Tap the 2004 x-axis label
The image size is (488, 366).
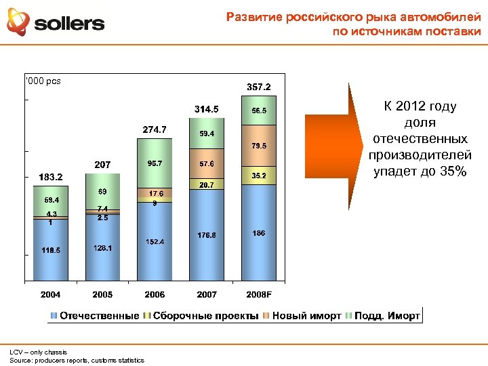point(50,294)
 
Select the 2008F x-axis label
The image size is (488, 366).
point(258,294)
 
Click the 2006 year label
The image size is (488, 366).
point(155,294)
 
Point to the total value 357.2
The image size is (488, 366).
point(258,87)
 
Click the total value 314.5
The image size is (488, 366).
point(206,109)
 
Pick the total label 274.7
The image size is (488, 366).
point(155,129)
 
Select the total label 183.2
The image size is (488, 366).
point(50,177)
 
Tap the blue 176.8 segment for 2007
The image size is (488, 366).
point(207,235)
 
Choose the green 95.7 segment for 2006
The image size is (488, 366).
point(155,163)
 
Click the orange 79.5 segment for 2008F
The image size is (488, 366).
point(259,146)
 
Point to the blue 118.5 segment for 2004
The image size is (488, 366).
point(50,250)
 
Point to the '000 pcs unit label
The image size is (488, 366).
point(43,81)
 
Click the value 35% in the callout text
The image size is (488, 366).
point(452,171)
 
